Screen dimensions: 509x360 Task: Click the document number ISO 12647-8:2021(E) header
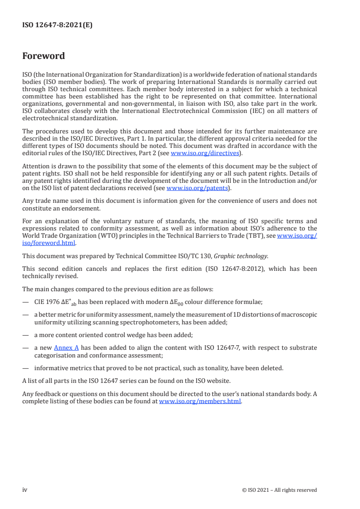click(57, 26)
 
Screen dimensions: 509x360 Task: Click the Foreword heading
click(44, 56)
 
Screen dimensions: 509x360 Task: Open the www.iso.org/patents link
click(197, 188)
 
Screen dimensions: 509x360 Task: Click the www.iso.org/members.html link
click(200, 401)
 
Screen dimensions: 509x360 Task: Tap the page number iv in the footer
click(25, 489)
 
